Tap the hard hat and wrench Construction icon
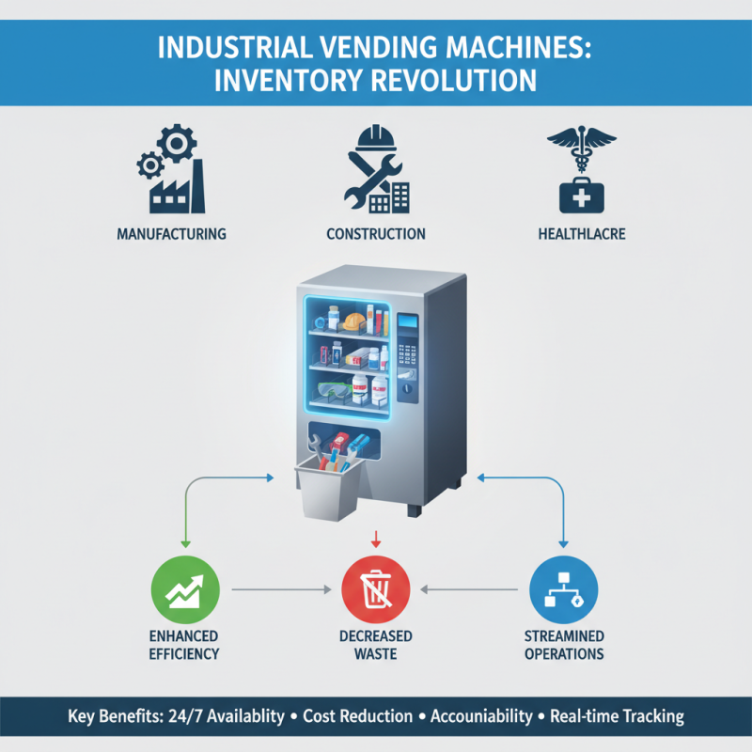point(375,169)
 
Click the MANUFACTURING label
point(171,233)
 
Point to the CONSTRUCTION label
point(375,233)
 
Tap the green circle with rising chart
point(184,589)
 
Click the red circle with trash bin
point(375,589)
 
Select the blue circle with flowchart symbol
point(564,589)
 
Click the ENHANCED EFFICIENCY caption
point(184,645)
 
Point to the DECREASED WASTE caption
point(375,645)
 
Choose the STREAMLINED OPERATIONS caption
point(564,645)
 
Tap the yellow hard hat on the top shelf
point(352,321)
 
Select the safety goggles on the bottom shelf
point(333,388)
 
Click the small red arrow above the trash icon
point(375,539)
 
